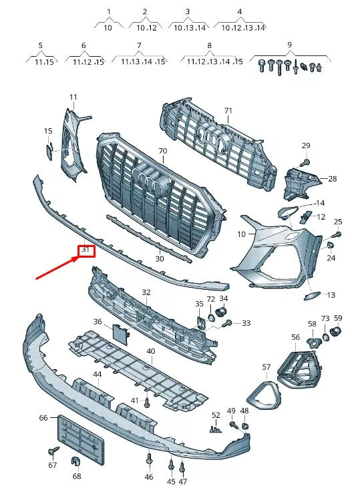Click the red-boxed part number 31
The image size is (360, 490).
click(85, 250)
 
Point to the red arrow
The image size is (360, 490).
click(57, 267)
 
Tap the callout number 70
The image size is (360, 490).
click(163, 152)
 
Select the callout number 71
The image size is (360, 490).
click(228, 111)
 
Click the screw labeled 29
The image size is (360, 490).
click(306, 162)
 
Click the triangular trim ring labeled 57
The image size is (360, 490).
click(264, 391)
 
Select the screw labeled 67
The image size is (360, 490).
click(53, 451)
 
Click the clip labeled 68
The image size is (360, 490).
click(76, 461)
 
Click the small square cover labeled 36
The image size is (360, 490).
click(120, 334)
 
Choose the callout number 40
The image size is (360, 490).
click(151, 351)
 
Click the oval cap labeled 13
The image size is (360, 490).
click(313, 296)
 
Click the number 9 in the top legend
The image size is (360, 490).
click(289, 45)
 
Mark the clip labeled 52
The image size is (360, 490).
click(216, 429)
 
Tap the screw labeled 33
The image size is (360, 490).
click(227, 323)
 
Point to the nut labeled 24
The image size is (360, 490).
click(331, 246)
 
